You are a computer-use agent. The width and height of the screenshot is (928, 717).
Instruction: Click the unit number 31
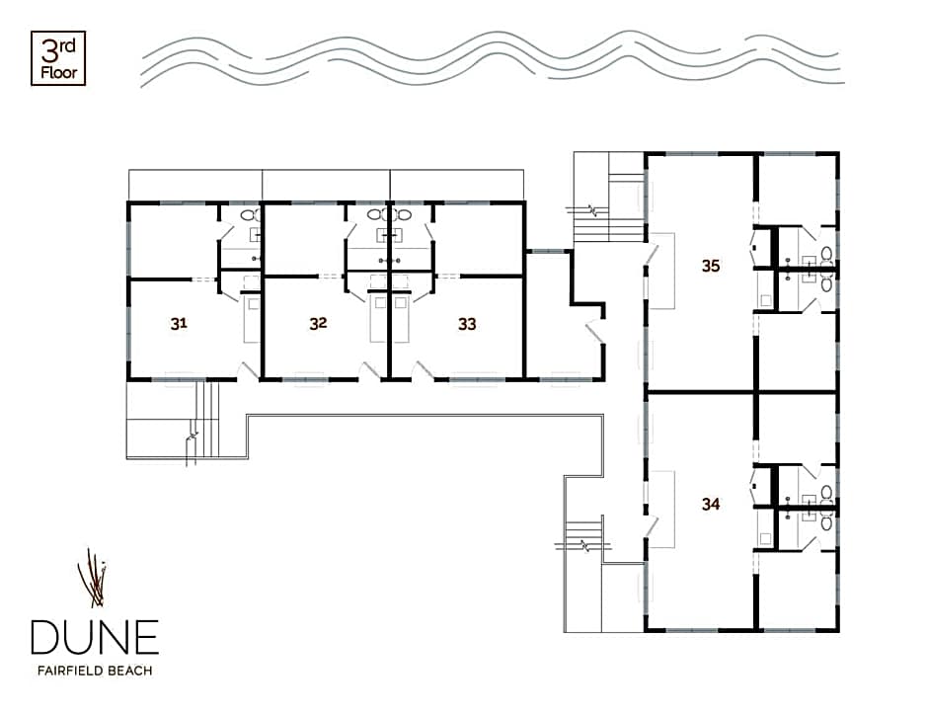[x=179, y=323]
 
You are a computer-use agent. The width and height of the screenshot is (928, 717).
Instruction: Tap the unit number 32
[x=319, y=323]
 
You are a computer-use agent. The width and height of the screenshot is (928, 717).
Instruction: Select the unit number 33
[x=467, y=324]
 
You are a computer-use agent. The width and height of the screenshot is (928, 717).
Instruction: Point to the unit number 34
[x=711, y=504]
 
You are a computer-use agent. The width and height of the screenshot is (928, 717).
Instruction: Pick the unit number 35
[x=711, y=266]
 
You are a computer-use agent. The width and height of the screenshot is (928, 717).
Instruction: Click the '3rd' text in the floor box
[x=58, y=51]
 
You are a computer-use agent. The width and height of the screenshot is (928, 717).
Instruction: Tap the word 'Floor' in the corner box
[x=59, y=73]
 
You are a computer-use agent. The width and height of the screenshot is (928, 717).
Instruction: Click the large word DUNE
[x=95, y=637]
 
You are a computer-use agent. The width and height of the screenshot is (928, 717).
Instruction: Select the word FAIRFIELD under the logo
[x=70, y=671]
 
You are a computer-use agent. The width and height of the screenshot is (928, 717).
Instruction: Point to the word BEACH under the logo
[x=130, y=671]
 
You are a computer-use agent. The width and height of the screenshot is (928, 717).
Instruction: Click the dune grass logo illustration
[x=93, y=579]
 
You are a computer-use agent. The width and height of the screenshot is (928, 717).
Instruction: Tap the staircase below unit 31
[x=203, y=421]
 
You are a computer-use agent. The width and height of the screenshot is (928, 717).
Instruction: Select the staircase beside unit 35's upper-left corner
[x=609, y=209]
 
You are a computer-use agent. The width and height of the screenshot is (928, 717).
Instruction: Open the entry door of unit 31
[x=247, y=370]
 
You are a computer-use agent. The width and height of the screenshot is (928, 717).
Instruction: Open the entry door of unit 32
[x=370, y=369]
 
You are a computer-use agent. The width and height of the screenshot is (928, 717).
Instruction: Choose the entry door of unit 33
[x=422, y=369]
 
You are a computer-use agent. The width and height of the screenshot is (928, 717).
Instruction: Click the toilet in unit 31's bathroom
[x=252, y=215]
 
